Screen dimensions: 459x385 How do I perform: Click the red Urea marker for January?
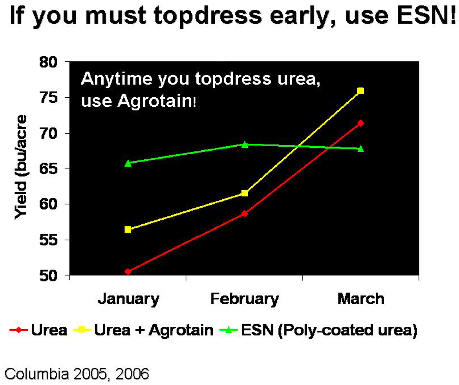[x=128, y=272]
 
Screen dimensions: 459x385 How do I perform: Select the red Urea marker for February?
[x=245, y=214]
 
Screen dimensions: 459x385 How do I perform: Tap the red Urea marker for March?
[x=361, y=123]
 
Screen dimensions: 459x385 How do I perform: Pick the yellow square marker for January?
[x=128, y=229]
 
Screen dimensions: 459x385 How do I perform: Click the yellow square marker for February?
[x=245, y=193]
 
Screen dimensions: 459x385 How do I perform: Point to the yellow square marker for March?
[x=361, y=91]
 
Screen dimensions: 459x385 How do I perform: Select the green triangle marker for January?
[x=128, y=163]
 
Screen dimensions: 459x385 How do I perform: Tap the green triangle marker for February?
[x=245, y=145]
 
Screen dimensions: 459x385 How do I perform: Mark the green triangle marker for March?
[x=361, y=149]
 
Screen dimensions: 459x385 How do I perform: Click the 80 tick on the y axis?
[x=49, y=62]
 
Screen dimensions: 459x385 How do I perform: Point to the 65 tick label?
[x=49, y=169]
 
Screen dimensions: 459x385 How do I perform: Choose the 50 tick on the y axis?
[x=49, y=276]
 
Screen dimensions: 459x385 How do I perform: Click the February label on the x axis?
[x=245, y=299]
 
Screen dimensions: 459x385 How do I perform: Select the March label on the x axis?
[x=361, y=299]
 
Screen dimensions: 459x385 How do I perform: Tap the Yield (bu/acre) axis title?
[x=21, y=167]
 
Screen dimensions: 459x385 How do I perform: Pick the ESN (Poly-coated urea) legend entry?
[x=318, y=330]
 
